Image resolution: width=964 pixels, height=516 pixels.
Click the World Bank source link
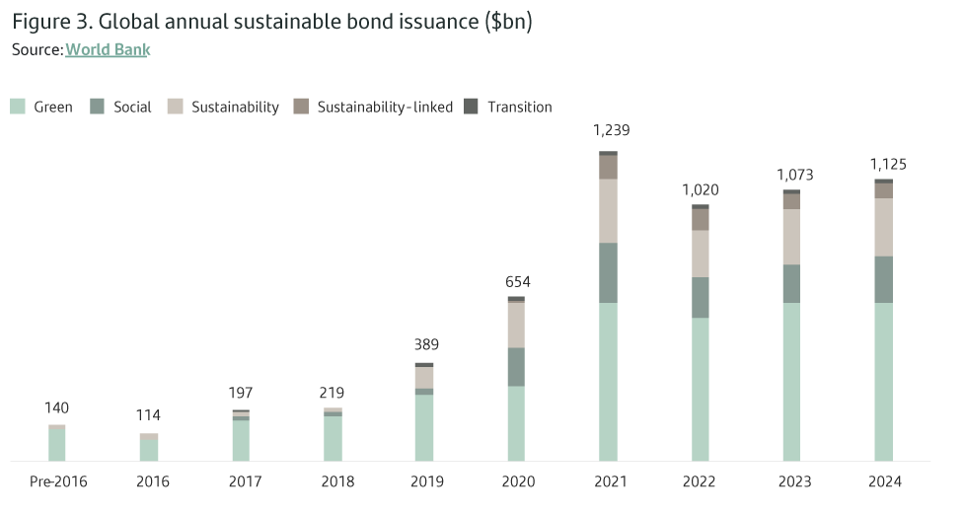click(108, 48)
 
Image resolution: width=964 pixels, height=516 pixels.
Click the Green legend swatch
click(18, 107)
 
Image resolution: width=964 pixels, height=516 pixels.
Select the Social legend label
click(132, 107)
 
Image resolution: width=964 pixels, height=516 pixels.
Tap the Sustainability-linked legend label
click(385, 107)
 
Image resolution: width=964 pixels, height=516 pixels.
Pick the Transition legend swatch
click(471, 107)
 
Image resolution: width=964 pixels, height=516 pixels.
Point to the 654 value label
click(517, 282)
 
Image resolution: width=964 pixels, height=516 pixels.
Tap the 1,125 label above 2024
click(887, 165)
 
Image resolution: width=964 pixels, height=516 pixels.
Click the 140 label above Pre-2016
click(56, 407)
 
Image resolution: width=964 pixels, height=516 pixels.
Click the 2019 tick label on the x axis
click(425, 481)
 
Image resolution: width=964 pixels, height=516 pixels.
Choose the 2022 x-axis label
click(702, 481)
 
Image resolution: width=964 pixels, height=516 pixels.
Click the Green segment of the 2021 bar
click(608, 381)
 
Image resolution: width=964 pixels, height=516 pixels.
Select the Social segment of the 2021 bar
click(608, 272)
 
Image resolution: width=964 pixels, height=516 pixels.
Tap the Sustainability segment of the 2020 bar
click(516, 325)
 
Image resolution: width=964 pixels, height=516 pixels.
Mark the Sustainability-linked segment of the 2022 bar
click(701, 219)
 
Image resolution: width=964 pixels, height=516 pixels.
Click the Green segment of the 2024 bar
click(884, 381)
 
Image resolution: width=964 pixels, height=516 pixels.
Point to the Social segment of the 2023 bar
click(792, 283)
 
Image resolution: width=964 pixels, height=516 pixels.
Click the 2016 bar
click(149, 448)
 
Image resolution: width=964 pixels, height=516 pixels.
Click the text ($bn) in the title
click(509, 22)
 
